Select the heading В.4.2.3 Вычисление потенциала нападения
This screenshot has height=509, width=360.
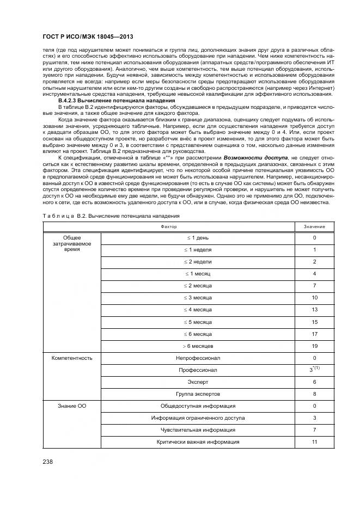pyautogui.click(x=117, y=101)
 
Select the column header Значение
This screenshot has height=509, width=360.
pyautogui.click(x=315, y=226)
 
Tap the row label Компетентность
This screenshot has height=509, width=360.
pyautogui.click(x=72, y=358)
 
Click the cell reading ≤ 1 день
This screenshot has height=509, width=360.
pyautogui.click(x=198, y=238)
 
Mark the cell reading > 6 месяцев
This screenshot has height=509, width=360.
pyautogui.click(x=198, y=346)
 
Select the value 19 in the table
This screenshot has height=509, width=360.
pyautogui.click(x=315, y=346)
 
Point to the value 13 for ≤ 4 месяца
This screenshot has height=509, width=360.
pyautogui.click(x=315, y=310)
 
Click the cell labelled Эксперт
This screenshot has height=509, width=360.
pyautogui.click(x=198, y=382)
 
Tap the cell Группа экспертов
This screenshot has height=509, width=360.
pyautogui.click(x=198, y=394)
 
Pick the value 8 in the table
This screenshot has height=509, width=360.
pyautogui.click(x=315, y=394)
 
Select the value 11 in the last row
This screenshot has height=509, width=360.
pyautogui.click(x=315, y=442)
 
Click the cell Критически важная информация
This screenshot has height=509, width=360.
pyautogui.click(x=198, y=442)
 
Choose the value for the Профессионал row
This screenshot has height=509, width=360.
pyautogui.click(x=315, y=370)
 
